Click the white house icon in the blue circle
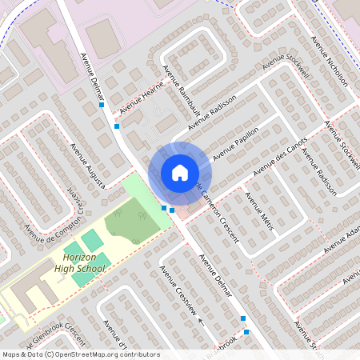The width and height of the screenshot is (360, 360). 180,172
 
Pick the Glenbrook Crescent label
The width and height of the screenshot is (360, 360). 56,337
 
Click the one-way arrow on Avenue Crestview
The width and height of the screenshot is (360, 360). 201,322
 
